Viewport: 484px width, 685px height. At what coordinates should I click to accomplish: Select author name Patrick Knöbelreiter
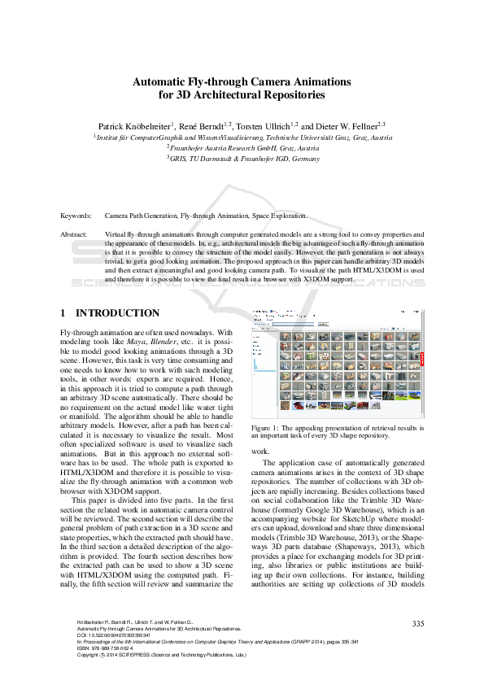click(134, 127)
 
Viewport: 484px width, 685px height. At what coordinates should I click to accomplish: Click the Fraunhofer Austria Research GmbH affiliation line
click(242, 148)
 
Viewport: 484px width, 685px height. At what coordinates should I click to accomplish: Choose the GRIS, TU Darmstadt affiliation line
click(242, 159)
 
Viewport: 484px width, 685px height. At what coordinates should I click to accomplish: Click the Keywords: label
click(76, 216)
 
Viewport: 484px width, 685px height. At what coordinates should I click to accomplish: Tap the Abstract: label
click(75, 233)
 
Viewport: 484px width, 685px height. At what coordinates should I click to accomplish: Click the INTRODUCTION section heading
click(117, 313)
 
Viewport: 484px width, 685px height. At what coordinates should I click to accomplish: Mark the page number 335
click(418, 623)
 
